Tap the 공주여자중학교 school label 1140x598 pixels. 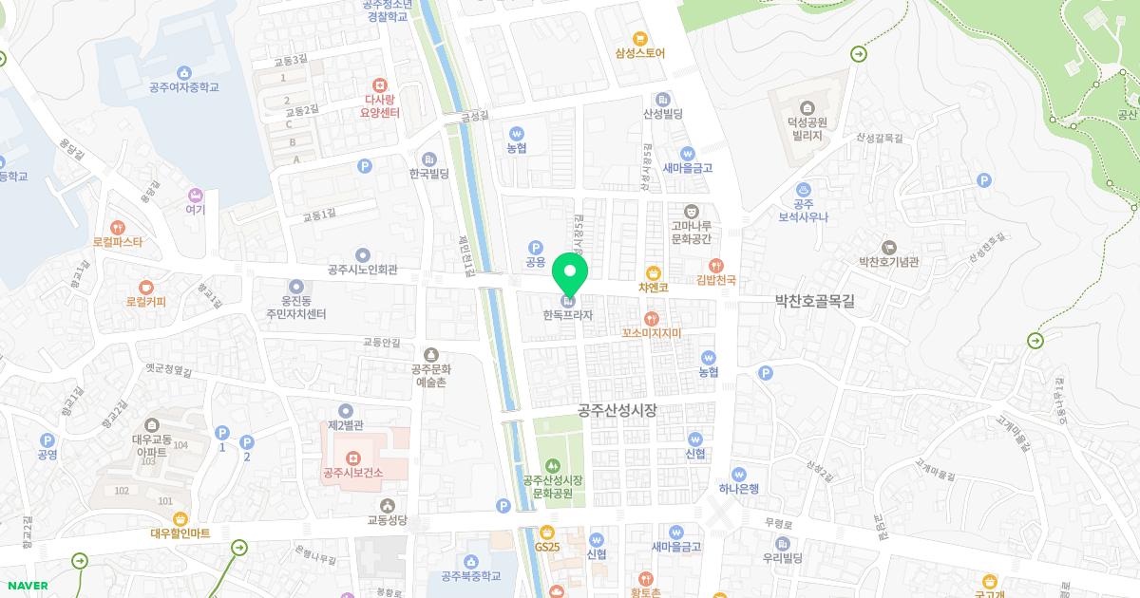[x=184, y=87]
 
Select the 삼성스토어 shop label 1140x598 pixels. [x=640, y=53]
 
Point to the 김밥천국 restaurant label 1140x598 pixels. [x=716, y=280]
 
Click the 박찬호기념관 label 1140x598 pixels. [x=888, y=261]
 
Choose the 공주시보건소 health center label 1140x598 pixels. [x=352, y=472]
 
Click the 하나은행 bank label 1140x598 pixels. [x=739, y=488]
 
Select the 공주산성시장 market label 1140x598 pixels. [x=617, y=410]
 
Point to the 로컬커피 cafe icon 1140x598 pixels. [x=145, y=287]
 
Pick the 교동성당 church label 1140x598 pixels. [x=387, y=520]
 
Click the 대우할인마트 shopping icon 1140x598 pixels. [x=180, y=518]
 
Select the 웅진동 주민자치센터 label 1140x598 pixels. [x=295, y=307]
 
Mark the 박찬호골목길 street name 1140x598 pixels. [x=815, y=301]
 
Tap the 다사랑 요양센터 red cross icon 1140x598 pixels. [x=380, y=84]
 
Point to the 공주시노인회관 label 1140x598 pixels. [x=362, y=270]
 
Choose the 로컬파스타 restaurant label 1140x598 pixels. [x=118, y=242]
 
